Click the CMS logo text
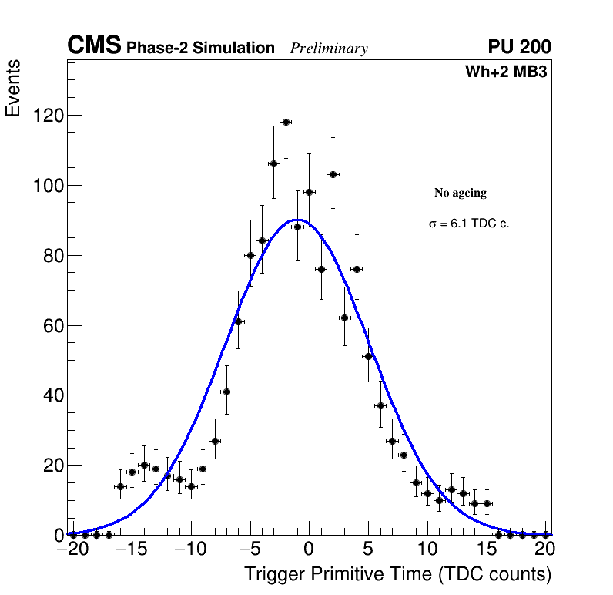click(94, 46)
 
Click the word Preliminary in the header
click(329, 49)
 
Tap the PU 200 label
click(519, 47)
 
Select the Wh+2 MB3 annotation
click(506, 72)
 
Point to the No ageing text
click(461, 193)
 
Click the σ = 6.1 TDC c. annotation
click(469, 224)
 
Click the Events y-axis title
click(13, 88)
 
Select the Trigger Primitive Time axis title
click(397, 574)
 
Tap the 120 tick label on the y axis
click(48, 116)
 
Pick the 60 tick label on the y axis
click(52, 325)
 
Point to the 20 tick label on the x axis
click(545, 550)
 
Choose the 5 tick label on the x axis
click(368, 550)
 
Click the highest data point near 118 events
click(286, 122)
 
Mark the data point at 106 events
click(273, 163)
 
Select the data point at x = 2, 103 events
click(333, 174)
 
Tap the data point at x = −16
click(120, 486)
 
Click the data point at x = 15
click(487, 503)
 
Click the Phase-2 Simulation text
click(200, 49)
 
